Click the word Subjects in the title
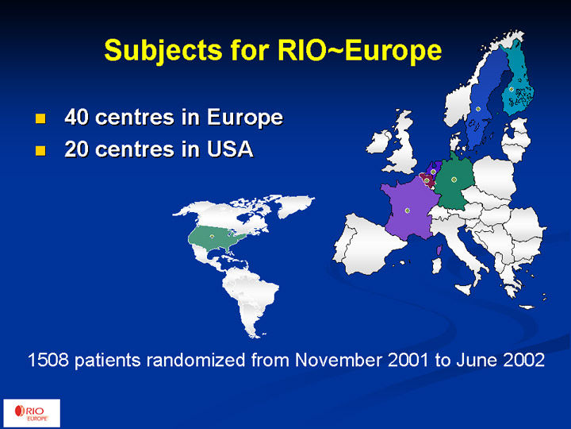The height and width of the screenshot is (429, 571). coord(163,51)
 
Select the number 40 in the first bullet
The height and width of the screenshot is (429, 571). coord(78,118)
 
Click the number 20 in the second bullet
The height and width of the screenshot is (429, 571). coord(78,149)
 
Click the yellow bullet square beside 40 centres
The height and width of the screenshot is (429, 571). coord(40,118)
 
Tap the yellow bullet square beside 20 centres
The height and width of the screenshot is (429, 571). coord(40,151)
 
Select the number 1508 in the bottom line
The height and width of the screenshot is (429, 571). coord(48,360)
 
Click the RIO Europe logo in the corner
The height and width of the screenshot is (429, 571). coord(32,413)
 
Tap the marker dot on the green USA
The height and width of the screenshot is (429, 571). coord(212,237)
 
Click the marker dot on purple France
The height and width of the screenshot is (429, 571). coord(408,211)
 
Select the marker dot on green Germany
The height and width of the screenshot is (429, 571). coord(454,180)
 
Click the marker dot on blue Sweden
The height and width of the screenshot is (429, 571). coord(478,109)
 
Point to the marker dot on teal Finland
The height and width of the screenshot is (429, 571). coord(512,89)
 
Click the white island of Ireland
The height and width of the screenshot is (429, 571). coord(379,142)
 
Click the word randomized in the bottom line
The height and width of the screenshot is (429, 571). coord(196,360)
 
